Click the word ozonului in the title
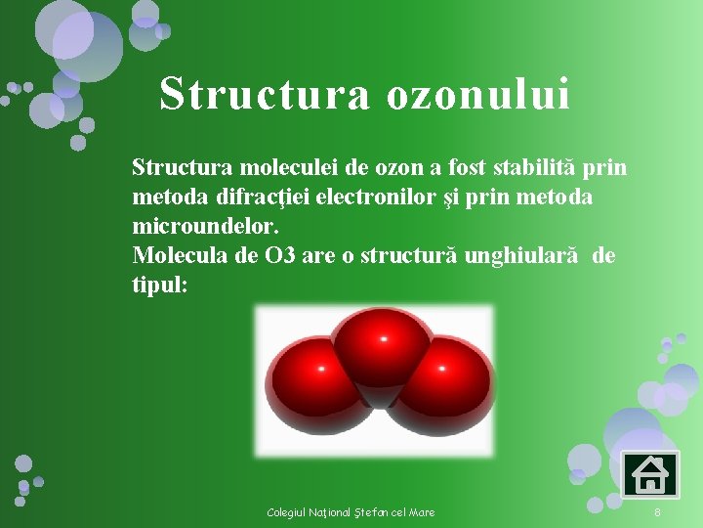[x=477, y=95]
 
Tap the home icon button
[x=648, y=475]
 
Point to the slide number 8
[x=657, y=512]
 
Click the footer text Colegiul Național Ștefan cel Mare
[x=351, y=512]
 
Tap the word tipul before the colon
[x=154, y=285]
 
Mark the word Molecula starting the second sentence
[x=176, y=256]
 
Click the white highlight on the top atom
[x=383, y=338]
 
